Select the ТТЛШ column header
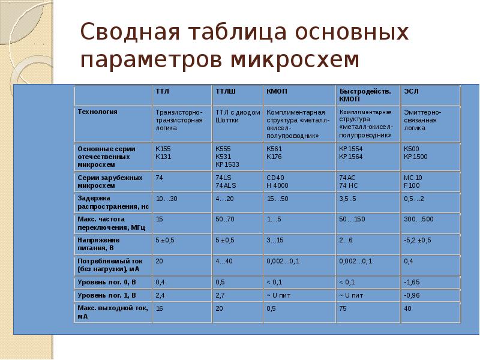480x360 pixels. pyautogui.click(x=226, y=91)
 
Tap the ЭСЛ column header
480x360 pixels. pyautogui.click(x=411, y=91)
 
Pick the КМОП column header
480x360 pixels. pyautogui.click(x=277, y=91)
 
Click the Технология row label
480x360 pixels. pyautogui.click(x=97, y=112)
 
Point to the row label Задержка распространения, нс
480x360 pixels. pyautogui.click(x=113, y=202)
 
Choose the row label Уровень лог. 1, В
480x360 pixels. pyautogui.click(x=107, y=295)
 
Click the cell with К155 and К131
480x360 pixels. pyautogui.click(x=163, y=152)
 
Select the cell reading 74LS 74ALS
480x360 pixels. pyautogui.click(x=226, y=182)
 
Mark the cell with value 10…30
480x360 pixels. pyautogui.click(x=166, y=199)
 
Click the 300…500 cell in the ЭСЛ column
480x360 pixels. pyautogui.click(x=419, y=220)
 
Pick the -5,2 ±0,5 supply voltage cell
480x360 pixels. pyautogui.click(x=417, y=241)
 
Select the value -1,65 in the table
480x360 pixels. pyautogui.click(x=412, y=281)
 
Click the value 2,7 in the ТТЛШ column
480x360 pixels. pyautogui.click(x=220, y=295)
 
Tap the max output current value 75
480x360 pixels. pyautogui.click(x=343, y=308)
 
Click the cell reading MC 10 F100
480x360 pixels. pyautogui.click(x=413, y=182)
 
